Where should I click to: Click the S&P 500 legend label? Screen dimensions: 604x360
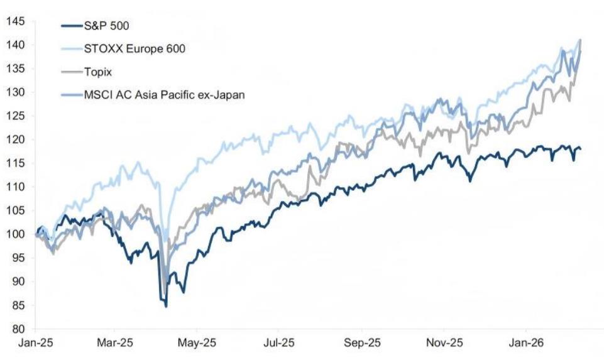pos(106,26)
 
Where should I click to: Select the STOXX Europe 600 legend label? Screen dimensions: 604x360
pos(135,48)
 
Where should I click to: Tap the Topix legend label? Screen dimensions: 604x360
pos(98,72)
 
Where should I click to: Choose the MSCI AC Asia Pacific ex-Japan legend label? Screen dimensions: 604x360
pos(164,95)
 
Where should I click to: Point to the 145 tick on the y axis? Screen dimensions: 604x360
pos(16,21)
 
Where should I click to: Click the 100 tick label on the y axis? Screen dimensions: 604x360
pos(16,234)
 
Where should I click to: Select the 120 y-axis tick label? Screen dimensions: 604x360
pos(16,139)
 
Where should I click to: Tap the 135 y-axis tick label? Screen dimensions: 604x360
pos(16,68)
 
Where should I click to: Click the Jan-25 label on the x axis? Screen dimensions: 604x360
pos(35,342)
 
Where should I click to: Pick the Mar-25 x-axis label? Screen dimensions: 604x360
pos(115,342)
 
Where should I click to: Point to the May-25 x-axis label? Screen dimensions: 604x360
pos(197,342)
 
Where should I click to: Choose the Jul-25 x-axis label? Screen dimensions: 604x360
pos(279,342)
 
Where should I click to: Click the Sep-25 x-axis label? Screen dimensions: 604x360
pos(362,342)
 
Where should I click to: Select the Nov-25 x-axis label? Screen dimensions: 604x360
pos(444,342)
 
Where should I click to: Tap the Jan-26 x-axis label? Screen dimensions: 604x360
pos(526,342)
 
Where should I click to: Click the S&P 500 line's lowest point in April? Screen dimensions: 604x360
pos(166,307)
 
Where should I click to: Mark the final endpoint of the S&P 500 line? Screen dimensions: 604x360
pos(580,149)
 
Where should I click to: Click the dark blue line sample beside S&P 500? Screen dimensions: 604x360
pos(72,26)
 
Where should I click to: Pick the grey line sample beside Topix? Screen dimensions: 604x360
pos(72,72)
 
